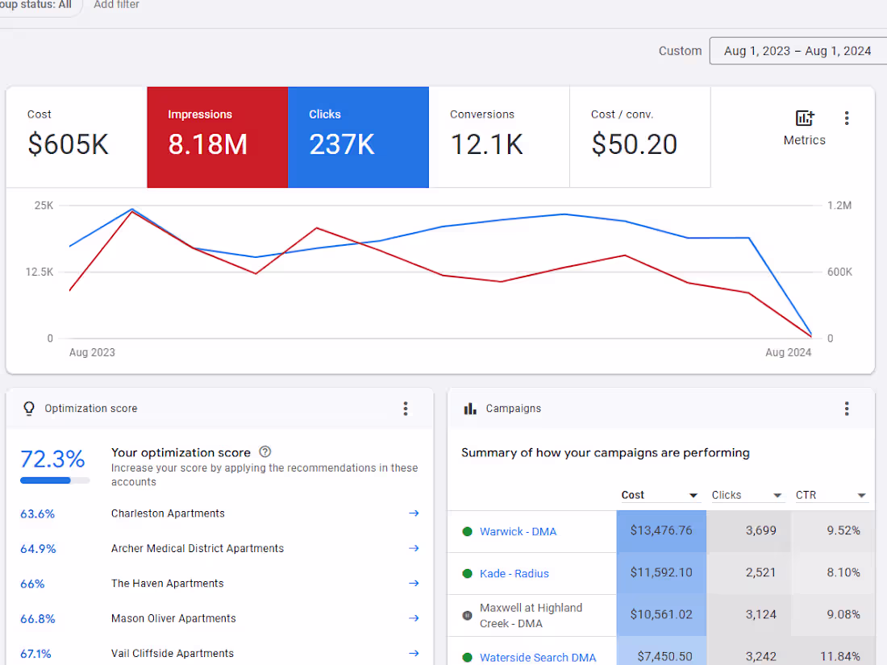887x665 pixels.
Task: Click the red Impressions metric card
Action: point(217,136)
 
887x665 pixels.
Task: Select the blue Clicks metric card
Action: point(358,136)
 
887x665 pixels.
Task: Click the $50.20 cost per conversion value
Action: point(634,144)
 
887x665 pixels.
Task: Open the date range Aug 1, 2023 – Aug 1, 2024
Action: point(797,51)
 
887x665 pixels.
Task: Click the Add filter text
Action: point(116,5)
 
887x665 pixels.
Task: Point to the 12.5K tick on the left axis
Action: point(39,272)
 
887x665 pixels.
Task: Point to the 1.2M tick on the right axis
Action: point(839,206)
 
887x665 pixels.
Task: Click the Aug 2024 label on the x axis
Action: point(788,352)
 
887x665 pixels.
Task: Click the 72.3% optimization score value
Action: point(52,459)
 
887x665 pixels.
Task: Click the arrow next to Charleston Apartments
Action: point(414,513)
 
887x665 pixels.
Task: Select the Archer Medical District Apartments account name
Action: point(198,548)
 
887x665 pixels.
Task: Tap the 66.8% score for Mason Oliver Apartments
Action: point(38,618)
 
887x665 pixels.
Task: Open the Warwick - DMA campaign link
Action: point(518,531)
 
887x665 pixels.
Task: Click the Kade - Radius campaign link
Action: point(514,573)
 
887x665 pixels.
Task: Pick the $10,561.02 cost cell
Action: point(660,614)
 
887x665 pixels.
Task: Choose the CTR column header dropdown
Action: point(861,495)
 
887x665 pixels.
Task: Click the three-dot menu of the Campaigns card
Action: point(847,409)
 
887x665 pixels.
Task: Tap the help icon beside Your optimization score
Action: point(265,452)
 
